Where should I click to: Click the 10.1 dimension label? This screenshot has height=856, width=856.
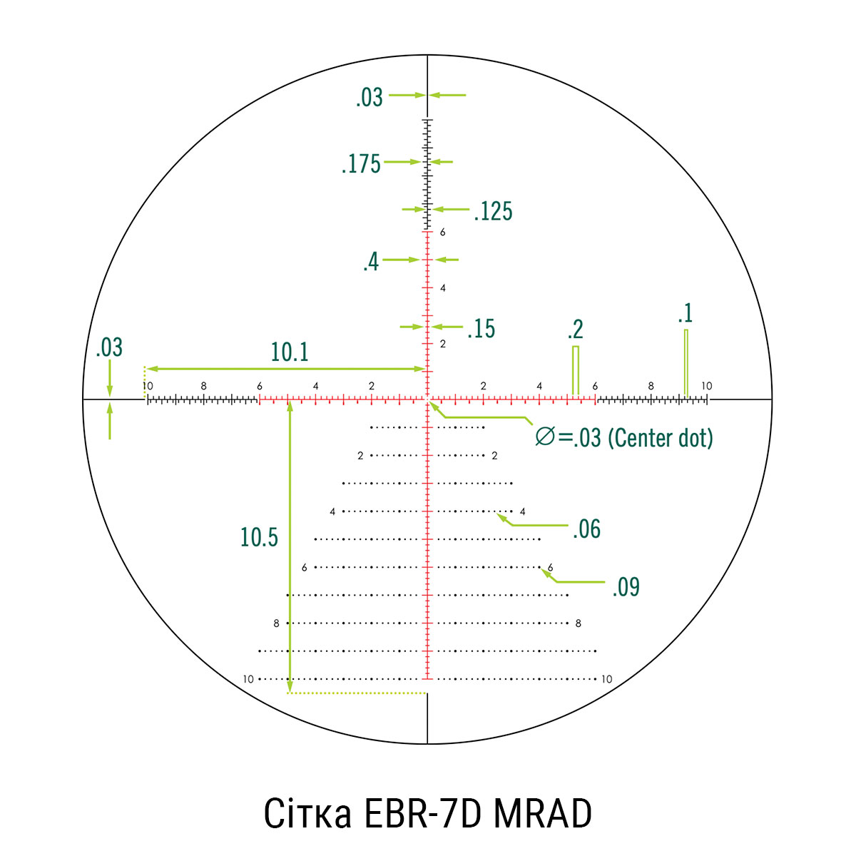[x=290, y=352]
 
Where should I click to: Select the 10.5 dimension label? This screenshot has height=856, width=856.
[x=259, y=537]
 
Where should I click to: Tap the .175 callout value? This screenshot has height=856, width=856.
[x=361, y=163]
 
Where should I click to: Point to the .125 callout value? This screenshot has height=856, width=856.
[x=493, y=211]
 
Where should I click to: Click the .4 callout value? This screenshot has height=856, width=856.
[x=371, y=262]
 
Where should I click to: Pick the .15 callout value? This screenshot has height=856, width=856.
[x=481, y=329]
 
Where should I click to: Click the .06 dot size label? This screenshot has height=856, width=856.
[x=586, y=529]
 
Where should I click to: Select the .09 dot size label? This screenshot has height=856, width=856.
[x=626, y=587]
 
